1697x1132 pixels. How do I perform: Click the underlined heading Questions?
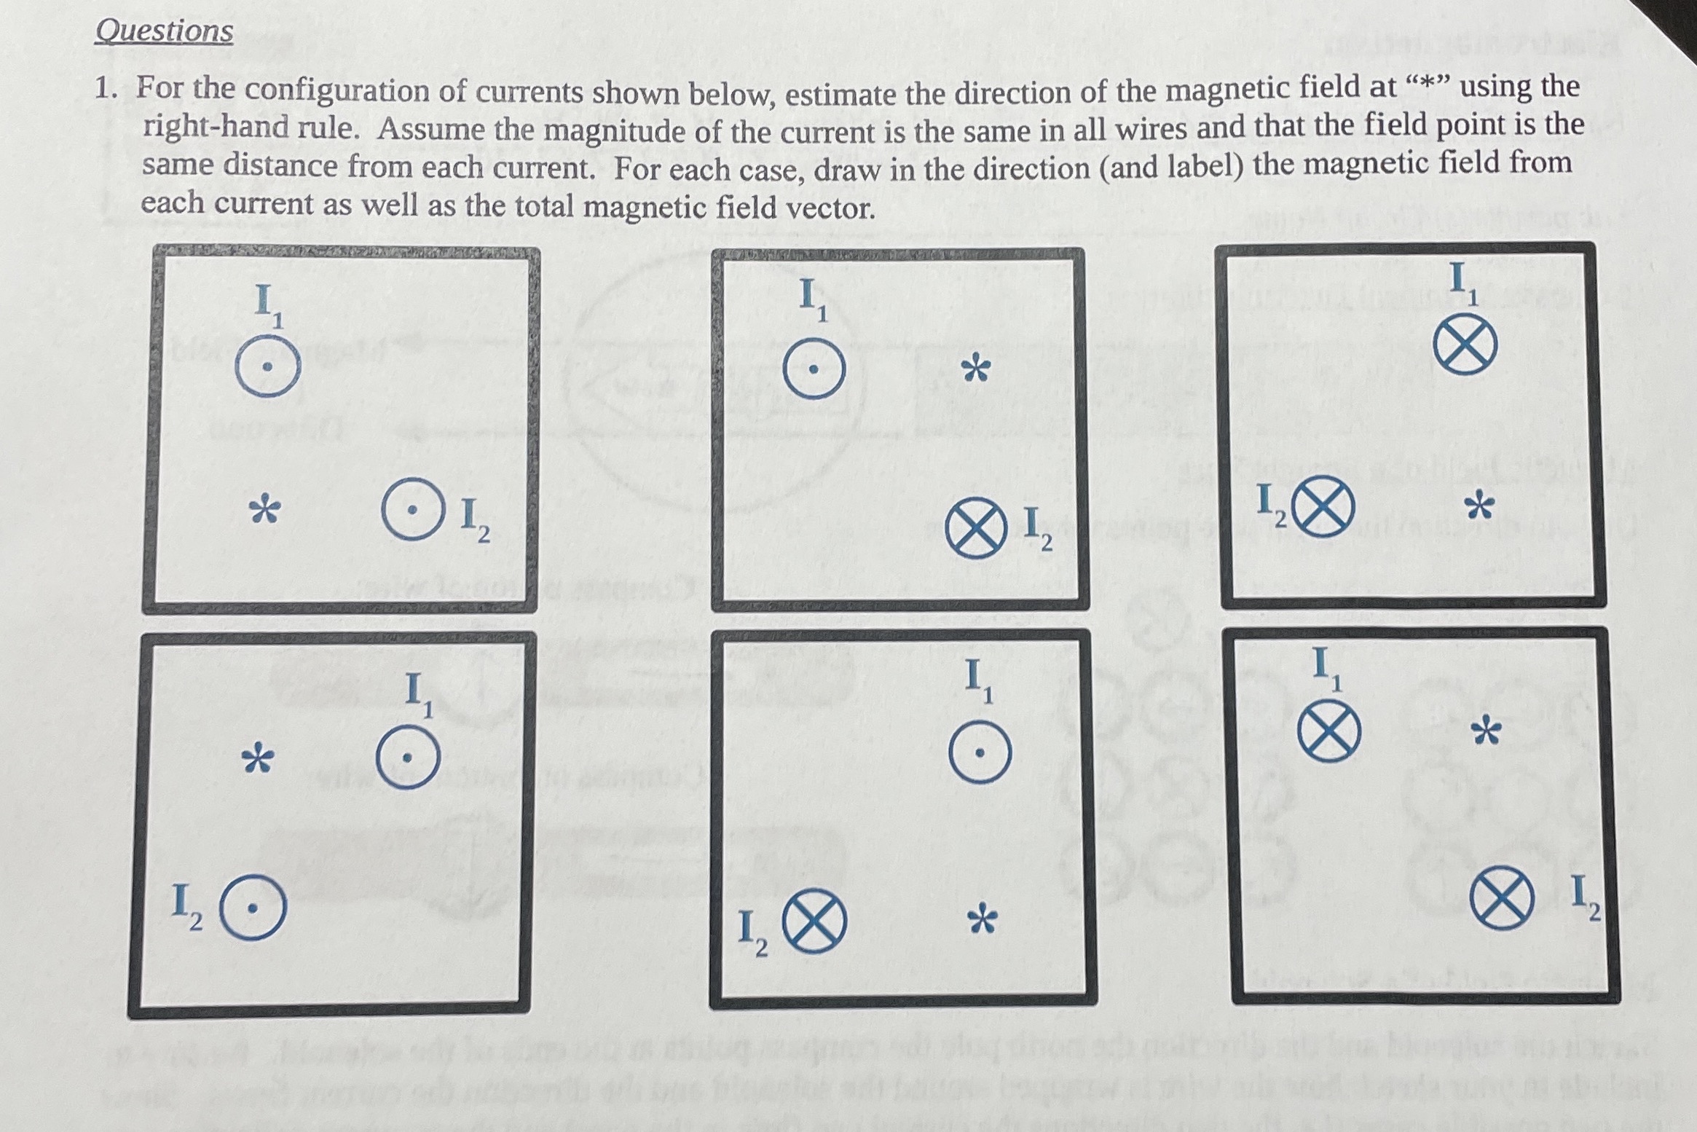click(164, 31)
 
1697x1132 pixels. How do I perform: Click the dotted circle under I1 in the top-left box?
click(267, 367)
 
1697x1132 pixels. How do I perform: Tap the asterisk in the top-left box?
click(264, 511)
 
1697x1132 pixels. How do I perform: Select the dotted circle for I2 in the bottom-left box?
click(252, 908)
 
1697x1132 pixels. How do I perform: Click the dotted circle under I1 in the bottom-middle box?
click(980, 752)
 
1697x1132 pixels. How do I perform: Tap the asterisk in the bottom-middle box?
click(982, 920)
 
